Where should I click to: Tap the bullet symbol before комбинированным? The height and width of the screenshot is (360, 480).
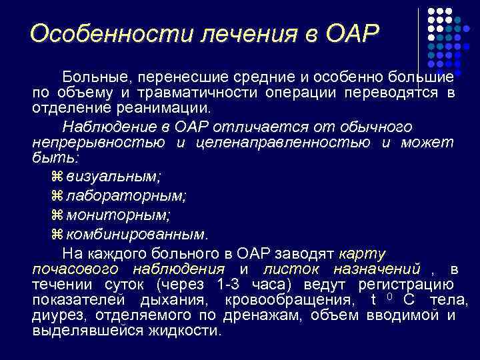point(56,234)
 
